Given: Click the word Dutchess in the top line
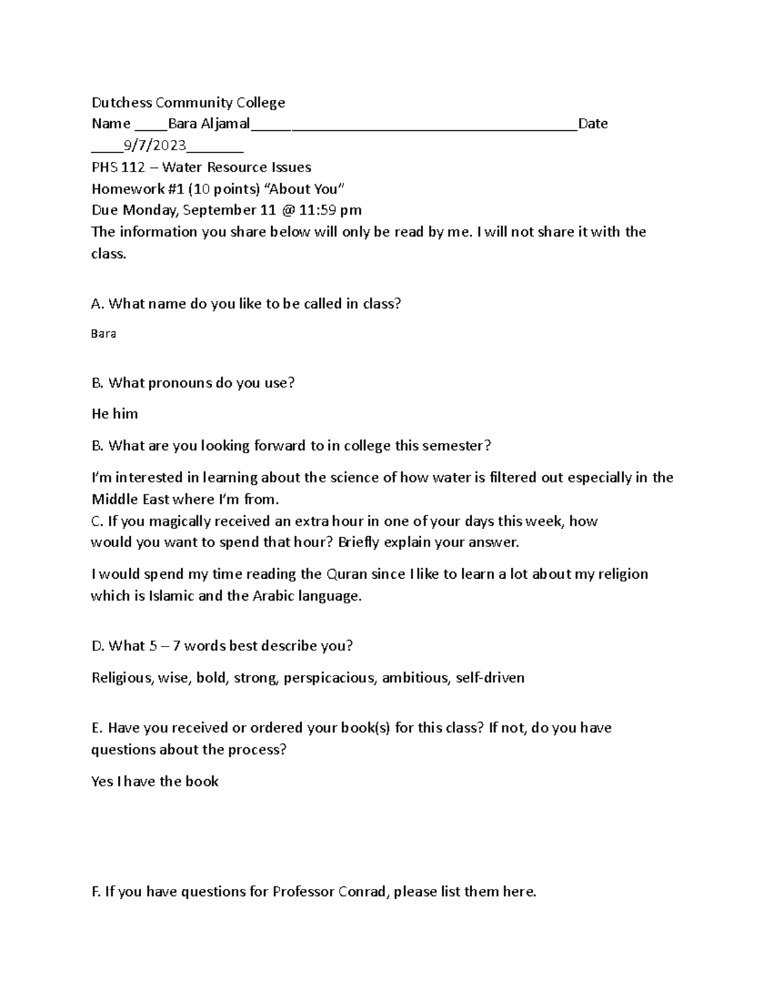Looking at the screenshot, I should (122, 102).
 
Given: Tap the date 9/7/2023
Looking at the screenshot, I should (151, 145).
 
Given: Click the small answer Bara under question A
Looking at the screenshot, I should (104, 334).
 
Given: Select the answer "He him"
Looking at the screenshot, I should (115, 414).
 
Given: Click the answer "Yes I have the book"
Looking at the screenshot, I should (155, 782).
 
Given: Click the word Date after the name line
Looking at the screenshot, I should (593, 124).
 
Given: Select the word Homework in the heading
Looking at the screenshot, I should (122, 189).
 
